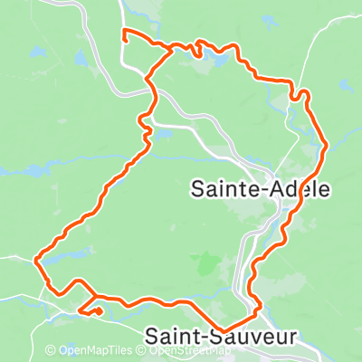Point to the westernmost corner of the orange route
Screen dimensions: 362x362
35,261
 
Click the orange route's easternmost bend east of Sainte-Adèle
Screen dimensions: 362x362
324,145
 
